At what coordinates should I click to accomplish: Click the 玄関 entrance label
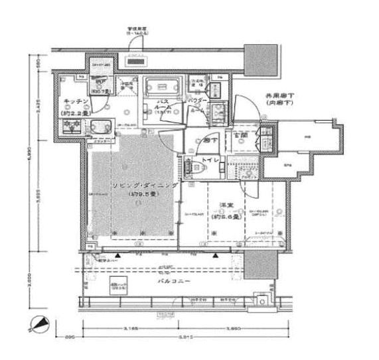[x=240, y=135]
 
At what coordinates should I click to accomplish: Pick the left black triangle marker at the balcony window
[x=118, y=255]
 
